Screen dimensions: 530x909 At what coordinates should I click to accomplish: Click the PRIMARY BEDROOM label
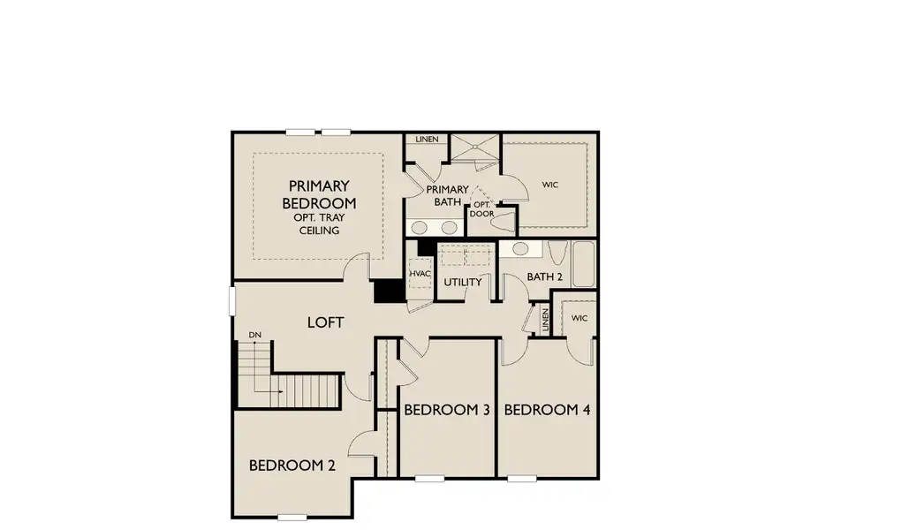319,193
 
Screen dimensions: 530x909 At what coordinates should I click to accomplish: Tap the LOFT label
325,322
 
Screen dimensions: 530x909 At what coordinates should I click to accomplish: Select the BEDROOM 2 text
292,466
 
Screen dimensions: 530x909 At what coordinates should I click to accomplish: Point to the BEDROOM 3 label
446,410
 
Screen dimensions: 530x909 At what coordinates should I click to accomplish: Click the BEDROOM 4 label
547,410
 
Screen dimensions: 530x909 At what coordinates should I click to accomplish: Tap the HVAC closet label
420,275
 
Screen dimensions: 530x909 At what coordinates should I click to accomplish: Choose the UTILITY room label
463,283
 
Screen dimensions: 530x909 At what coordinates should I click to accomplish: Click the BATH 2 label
544,277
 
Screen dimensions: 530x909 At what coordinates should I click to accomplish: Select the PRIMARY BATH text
447,195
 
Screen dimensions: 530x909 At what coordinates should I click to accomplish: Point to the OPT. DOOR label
481,209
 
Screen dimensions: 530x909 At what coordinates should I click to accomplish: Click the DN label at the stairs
254,335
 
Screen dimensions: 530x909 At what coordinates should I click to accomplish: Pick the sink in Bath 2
521,249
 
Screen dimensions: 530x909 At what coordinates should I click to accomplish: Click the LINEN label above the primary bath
428,140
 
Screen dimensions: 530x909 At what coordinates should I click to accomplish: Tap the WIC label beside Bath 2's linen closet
579,318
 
